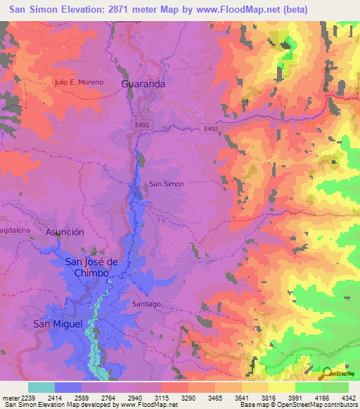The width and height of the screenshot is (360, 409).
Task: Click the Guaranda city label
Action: tap(143, 83)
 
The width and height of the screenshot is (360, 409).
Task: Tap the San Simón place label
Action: tap(167, 183)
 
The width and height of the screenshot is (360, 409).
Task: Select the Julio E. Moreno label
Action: tap(79, 82)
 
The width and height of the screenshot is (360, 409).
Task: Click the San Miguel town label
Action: tap(58, 323)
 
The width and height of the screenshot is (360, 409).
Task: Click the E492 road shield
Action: tap(211, 129)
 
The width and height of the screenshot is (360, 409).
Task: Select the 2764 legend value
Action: tap(107, 397)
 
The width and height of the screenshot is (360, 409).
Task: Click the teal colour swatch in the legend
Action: tap(41, 387)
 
